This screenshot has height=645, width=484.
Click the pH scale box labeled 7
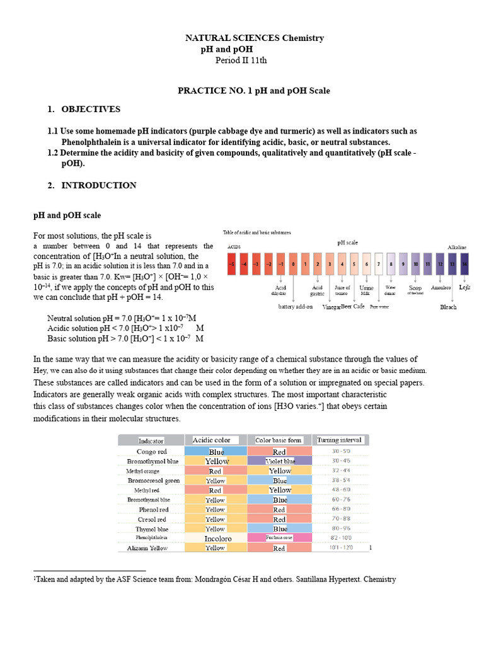[x=378, y=264]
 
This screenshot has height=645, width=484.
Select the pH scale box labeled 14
[x=464, y=264]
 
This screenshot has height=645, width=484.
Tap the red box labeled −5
[x=232, y=264]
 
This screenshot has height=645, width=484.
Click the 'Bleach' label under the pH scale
[x=448, y=307]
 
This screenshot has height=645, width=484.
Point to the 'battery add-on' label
[x=296, y=307]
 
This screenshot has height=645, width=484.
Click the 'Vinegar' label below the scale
[x=331, y=307]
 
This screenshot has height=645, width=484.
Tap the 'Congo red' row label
[x=151, y=452]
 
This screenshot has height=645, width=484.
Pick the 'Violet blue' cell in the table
[x=280, y=461]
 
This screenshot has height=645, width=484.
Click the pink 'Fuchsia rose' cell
[x=280, y=538]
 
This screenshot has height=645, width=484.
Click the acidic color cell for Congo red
[x=216, y=452]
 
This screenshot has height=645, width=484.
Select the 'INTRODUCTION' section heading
[x=98, y=185]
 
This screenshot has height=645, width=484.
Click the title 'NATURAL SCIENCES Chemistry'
[x=253, y=38]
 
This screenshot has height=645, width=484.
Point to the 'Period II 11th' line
[x=241, y=60]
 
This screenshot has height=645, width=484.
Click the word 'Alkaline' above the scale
[x=457, y=248]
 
